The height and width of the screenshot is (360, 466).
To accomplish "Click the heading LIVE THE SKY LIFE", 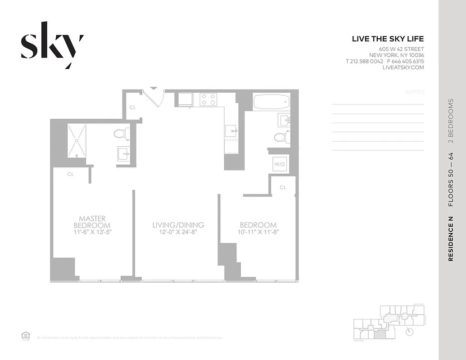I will (388, 39).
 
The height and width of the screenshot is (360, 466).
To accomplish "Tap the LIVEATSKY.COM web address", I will (403, 67).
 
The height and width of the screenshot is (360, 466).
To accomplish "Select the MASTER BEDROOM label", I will (92, 221).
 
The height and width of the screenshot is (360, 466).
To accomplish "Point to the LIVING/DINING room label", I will (178, 225).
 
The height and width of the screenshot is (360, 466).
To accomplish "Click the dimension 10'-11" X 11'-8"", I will (258, 233).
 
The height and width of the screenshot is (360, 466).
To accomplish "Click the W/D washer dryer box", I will (280, 164).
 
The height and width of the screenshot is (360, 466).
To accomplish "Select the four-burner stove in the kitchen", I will (208, 99).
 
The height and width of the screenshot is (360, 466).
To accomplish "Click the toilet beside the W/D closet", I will (281, 137).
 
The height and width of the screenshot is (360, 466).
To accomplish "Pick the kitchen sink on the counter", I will (231, 131).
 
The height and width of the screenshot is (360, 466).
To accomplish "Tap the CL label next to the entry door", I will (133, 108).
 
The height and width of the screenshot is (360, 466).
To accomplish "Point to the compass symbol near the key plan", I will (409, 332).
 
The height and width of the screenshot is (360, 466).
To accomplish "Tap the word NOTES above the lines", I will (415, 92).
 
